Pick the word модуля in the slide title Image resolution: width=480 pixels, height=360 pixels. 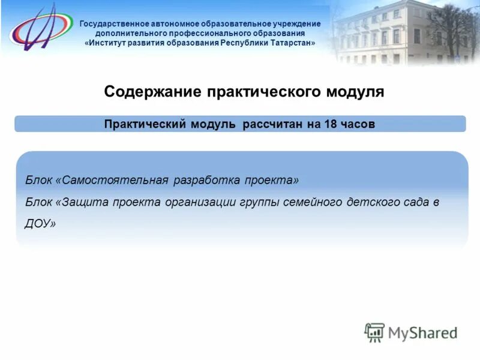355,92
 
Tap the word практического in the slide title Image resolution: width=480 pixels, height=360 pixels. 264,92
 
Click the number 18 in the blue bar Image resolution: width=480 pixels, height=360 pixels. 330,124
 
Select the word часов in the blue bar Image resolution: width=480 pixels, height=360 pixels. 359,124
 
